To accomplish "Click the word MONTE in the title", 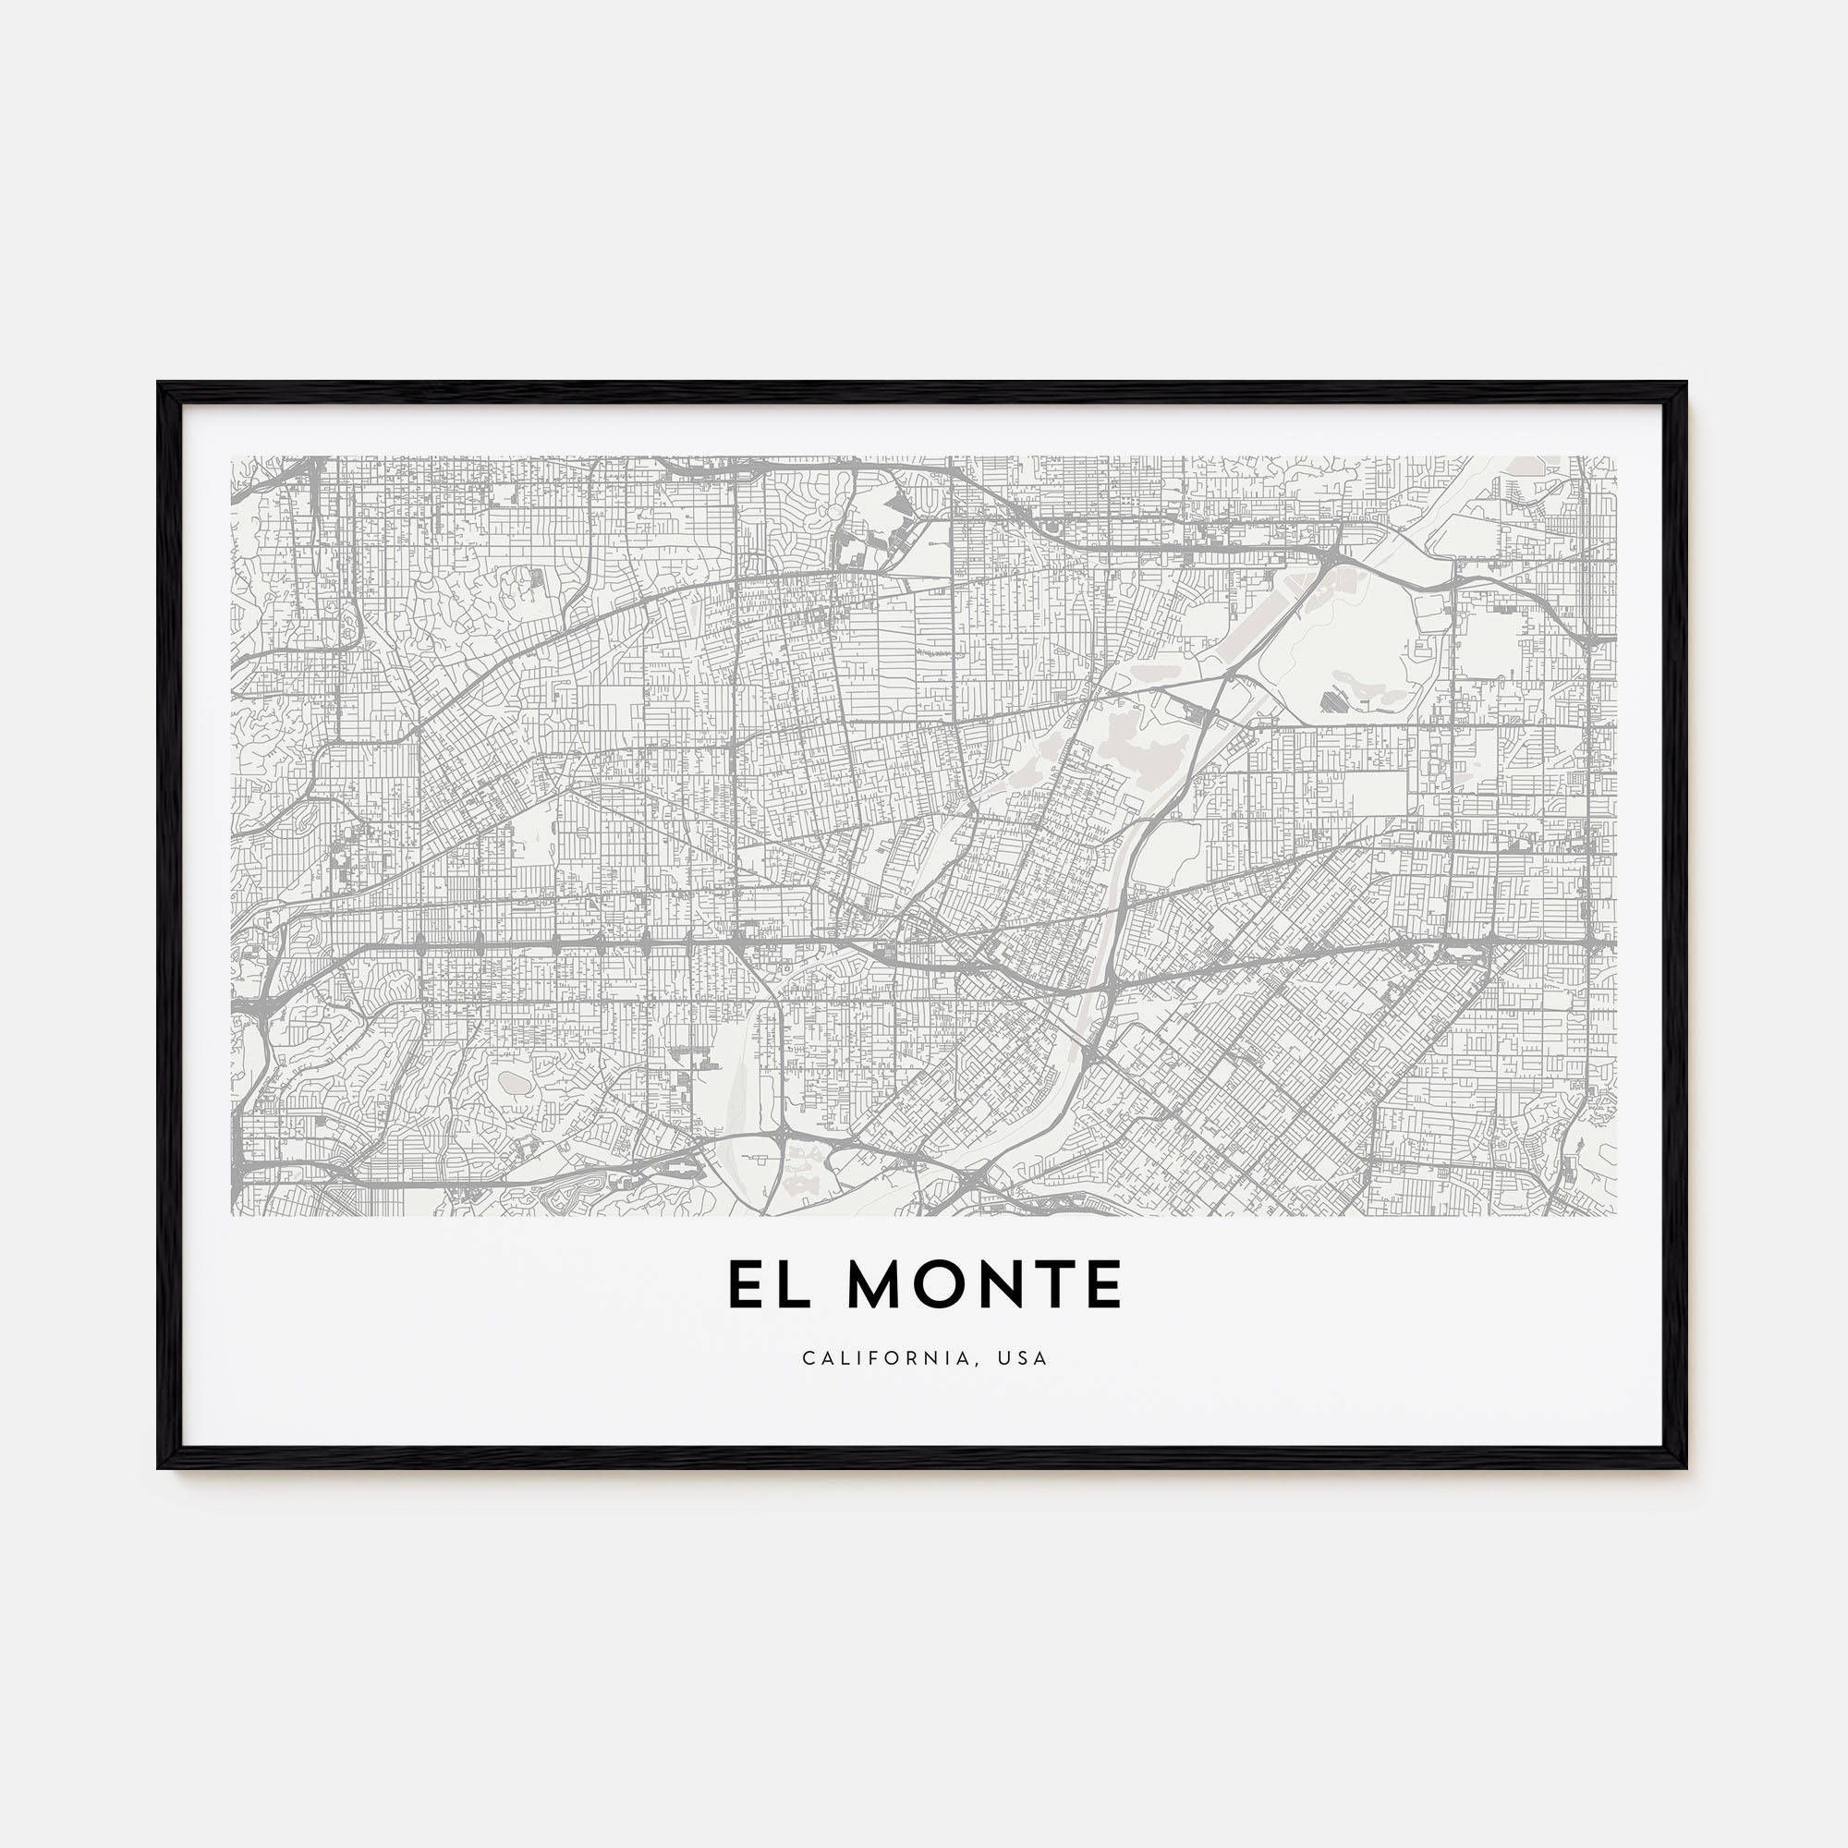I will pyautogui.click(x=984, y=1284).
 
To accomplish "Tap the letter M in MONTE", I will pyautogui.click(x=876, y=1284).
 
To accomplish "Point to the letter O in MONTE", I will pyautogui.click(x=941, y=1284).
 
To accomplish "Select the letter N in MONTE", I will pyautogui.click(x=1000, y=1284).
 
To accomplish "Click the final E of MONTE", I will pyautogui.click(x=1103, y=1284).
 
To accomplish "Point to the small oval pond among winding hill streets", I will pyautogui.click(x=514, y=1083).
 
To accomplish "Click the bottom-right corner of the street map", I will pyautogui.click(x=1615, y=1215).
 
